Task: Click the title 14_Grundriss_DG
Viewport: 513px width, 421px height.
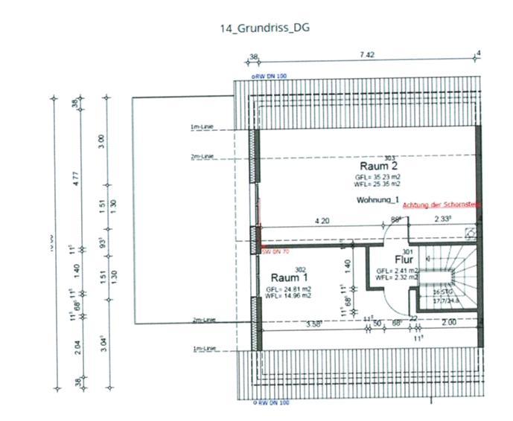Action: (264, 28)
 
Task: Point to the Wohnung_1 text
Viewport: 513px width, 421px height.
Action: (377, 201)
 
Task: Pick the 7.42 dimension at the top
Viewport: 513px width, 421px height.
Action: (367, 55)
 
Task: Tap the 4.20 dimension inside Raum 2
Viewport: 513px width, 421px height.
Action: (322, 221)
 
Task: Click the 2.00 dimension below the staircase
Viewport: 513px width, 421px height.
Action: (450, 322)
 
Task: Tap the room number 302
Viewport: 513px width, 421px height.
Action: (301, 269)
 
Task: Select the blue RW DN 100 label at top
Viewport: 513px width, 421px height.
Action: (269, 77)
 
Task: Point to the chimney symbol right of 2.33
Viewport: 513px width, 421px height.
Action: (470, 232)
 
